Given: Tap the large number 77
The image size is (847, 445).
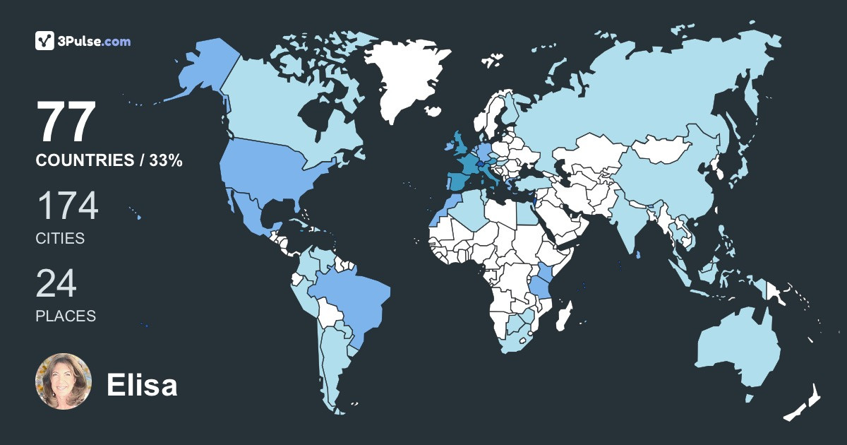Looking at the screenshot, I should click(66, 122).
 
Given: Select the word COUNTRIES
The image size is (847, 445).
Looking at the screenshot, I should click(84, 161).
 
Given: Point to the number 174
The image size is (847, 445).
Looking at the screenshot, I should click(67, 207).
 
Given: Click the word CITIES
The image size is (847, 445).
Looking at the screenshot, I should click(60, 239).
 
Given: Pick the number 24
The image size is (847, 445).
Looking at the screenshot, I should click(56, 284).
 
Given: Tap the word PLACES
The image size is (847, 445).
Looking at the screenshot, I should click(66, 316).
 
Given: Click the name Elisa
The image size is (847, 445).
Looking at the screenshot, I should click(142, 385).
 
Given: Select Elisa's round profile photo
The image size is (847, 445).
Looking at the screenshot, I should click(64, 381).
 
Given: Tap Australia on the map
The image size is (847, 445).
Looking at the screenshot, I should click(738, 350).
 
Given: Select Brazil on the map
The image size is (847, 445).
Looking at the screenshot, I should click(353, 297).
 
